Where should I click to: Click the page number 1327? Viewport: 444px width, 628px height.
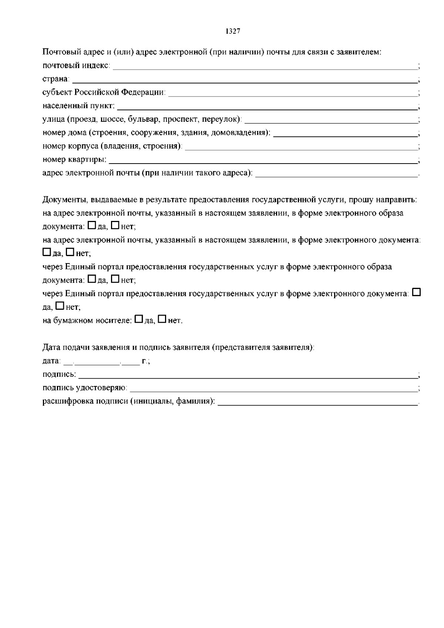[233, 31]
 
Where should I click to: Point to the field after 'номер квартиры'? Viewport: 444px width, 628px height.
[263, 161]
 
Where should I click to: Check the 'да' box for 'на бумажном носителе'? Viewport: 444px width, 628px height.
[139, 319]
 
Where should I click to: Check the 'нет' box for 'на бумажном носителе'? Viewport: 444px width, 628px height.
[162, 319]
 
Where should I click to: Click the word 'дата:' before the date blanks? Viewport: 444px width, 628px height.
[51, 361]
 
